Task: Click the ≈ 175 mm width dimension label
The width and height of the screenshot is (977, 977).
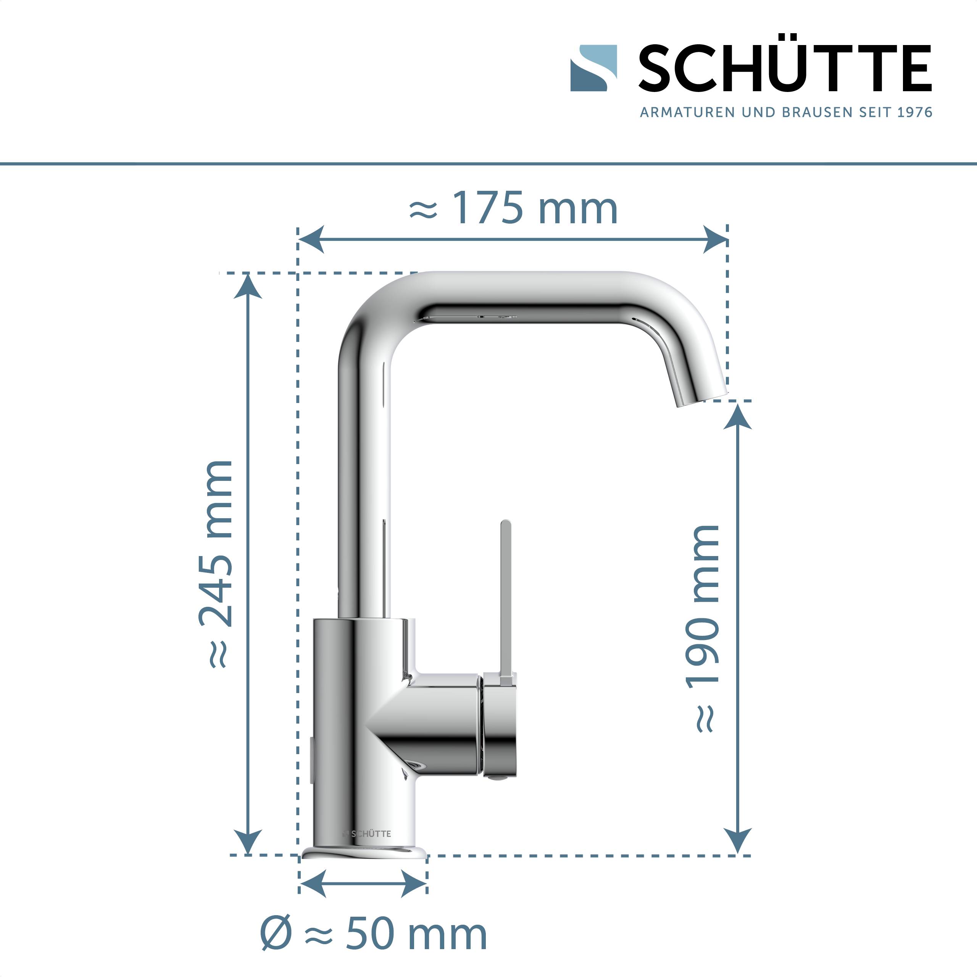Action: click(513, 208)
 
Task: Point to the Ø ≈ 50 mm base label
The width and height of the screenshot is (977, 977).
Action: click(374, 935)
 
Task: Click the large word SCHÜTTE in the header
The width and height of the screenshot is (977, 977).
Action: click(785, 69)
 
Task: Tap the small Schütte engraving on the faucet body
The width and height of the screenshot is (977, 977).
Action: click(367, 834)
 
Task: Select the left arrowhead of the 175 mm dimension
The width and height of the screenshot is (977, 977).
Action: click(310, 240)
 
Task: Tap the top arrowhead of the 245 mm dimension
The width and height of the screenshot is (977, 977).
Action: click(248, 286)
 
